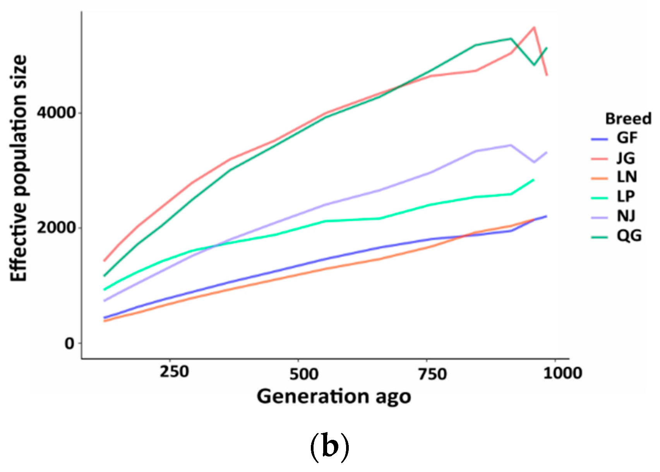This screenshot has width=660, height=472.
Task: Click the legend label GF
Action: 627,138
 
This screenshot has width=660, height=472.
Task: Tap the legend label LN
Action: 627,177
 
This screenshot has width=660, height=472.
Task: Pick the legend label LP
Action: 626,196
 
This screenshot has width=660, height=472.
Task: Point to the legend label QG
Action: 629,236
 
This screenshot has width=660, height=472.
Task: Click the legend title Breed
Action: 628,119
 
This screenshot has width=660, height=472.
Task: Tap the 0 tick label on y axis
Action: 69,343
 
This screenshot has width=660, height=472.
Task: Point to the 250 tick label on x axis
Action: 175,372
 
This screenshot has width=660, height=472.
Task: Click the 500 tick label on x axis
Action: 304,374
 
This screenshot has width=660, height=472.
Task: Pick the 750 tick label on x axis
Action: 432,374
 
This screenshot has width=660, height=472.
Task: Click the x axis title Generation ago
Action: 333,397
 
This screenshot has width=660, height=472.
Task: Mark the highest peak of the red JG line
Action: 534,27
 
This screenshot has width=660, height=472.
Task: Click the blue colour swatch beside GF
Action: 600,139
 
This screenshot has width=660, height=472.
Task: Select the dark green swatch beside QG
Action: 600,236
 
